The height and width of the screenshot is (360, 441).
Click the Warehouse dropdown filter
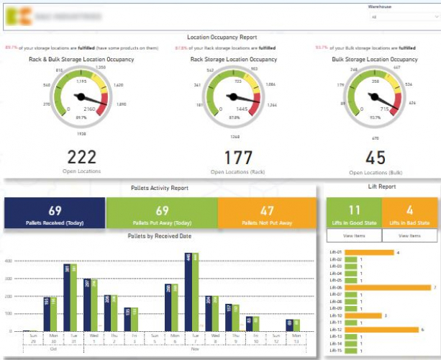coord(400,16)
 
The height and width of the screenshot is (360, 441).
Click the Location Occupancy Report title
coord(222,37)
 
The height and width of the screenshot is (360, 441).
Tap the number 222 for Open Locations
coord(80,156)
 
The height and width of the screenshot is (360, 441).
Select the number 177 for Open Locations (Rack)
coord(222,158)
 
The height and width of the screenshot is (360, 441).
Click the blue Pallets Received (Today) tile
coord(55,213)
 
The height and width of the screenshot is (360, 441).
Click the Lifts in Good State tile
coord(353,213)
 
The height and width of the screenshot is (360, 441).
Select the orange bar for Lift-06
coord(388,287)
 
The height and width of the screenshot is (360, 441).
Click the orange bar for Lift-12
coord(381,330)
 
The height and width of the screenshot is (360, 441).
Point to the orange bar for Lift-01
coord(369,253)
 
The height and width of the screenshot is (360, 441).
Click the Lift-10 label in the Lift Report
coord(335,315)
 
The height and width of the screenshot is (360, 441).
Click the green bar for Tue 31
coord(73,297)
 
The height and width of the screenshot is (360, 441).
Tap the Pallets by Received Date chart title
coord(159,236)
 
